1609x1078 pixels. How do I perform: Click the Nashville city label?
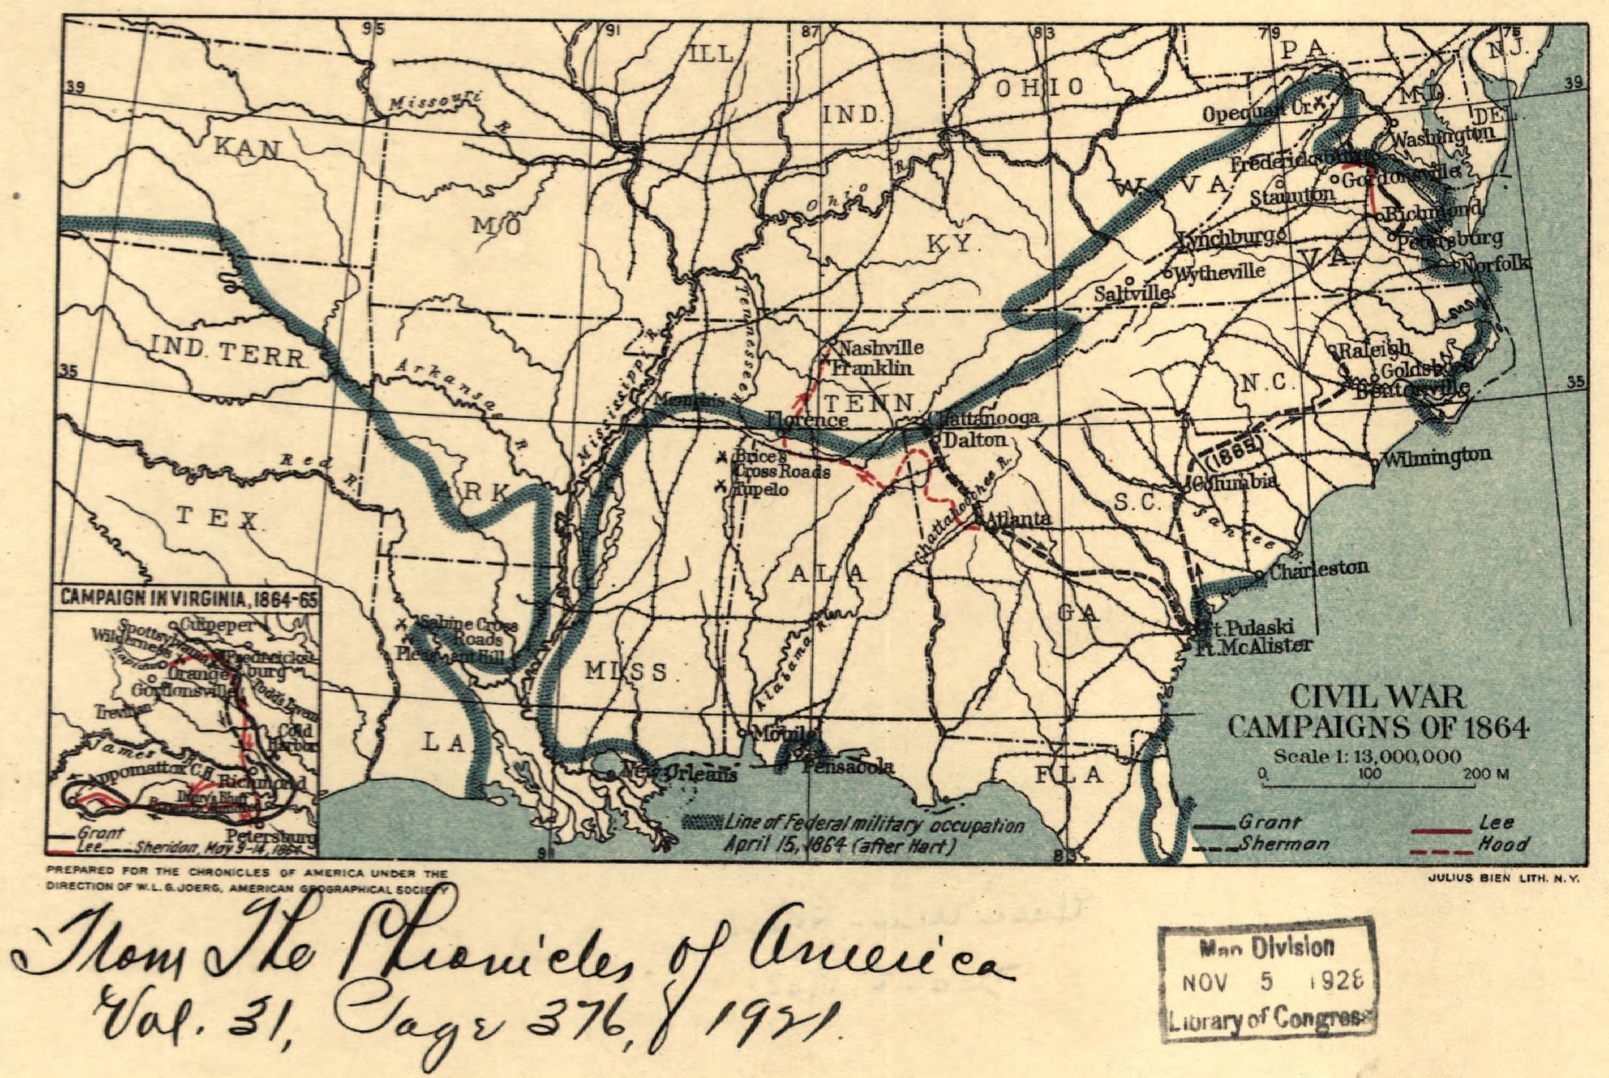(x=880, y=349)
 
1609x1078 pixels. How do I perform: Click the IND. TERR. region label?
(x=228, y=354)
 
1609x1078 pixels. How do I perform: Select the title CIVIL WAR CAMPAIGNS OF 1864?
(x=1377, y=712)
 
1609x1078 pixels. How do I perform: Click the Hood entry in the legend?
(x=1504, y=845)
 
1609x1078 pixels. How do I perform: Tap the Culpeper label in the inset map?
(x=216, y=625)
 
